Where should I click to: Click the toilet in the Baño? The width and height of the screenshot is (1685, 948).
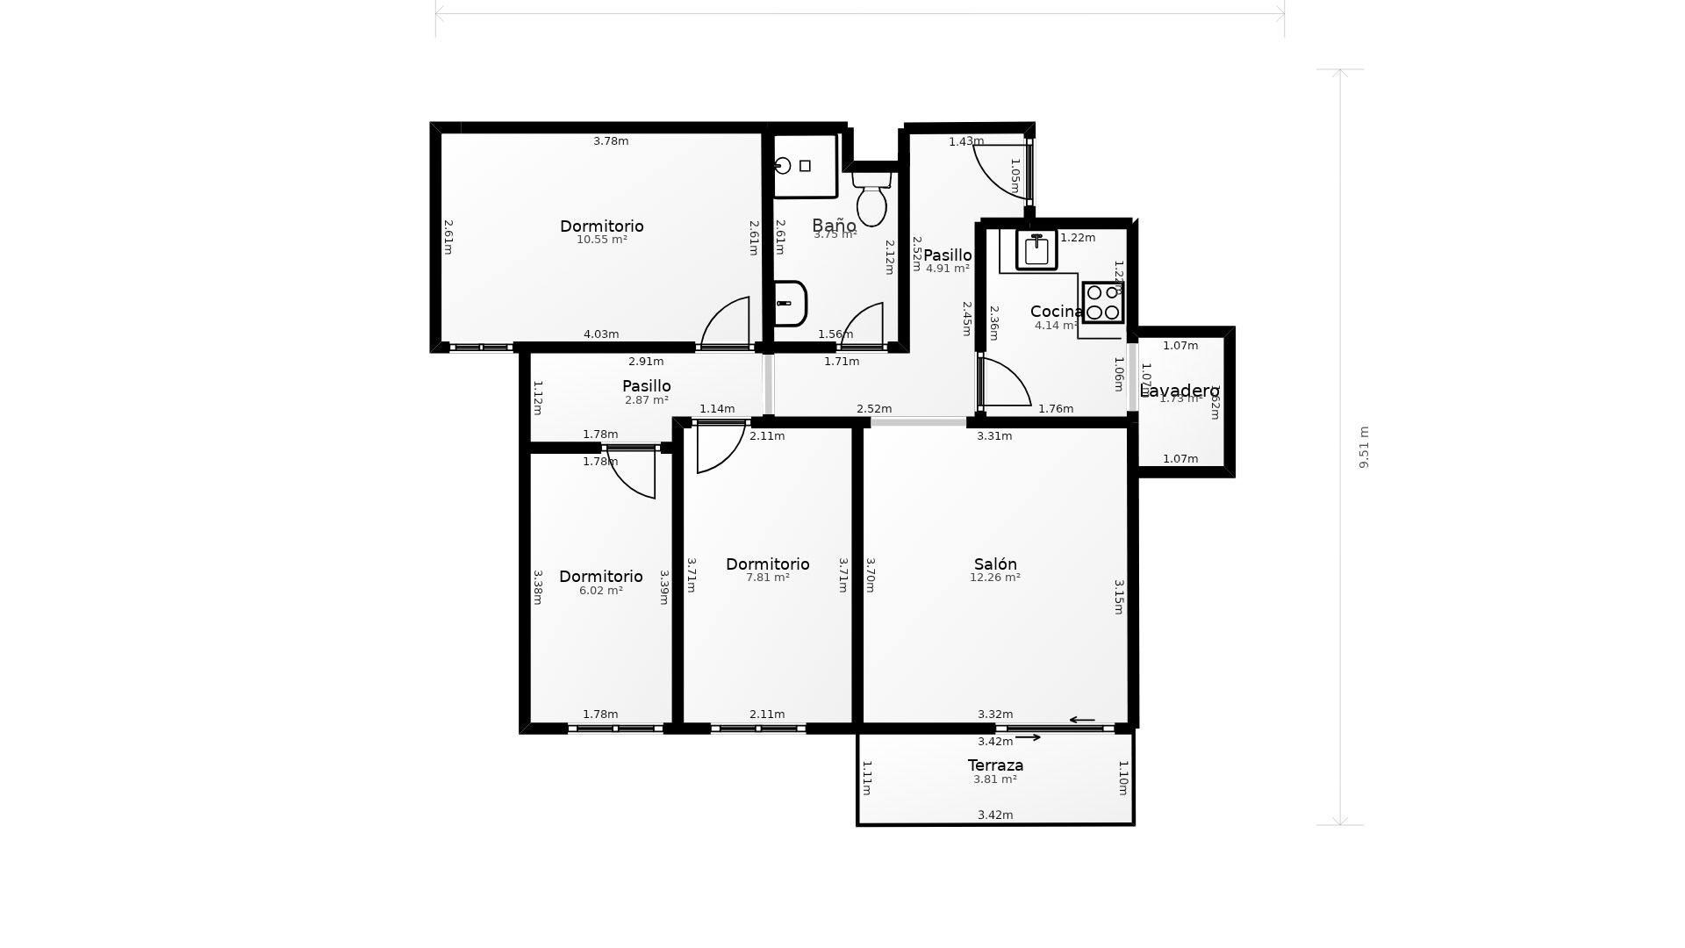tap(871, 200)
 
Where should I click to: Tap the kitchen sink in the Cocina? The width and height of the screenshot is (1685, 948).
tap(1036, 250)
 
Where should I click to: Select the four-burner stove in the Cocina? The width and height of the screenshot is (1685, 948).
tap(1102, 302)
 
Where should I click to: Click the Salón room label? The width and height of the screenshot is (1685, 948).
tap(995, 564)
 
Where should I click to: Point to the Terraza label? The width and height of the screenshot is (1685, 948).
tap(995, 765)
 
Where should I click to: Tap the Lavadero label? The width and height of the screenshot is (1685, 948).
tap(1179, 391)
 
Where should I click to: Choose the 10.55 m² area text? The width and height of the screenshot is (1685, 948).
tap(601, 240)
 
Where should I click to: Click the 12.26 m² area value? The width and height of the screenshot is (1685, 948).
tap(994, 578)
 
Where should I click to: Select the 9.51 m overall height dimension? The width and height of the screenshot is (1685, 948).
tap(1364, 447)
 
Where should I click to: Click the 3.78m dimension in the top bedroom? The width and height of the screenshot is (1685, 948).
tap(611, 141)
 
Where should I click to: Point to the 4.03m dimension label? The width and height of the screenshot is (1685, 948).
tap(601, 334)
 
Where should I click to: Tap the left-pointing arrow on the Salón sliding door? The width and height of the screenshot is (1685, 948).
tap(1082, 720)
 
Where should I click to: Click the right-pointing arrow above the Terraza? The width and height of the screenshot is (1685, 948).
tap(1028, 737)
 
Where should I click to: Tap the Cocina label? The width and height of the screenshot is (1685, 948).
tap(1056, 312)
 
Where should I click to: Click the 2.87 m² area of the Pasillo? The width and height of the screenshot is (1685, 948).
tap(646, 400)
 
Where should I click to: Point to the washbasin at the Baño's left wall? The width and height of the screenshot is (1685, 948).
tap(788, 304)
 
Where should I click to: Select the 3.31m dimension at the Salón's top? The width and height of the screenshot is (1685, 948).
tap(994, 436)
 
